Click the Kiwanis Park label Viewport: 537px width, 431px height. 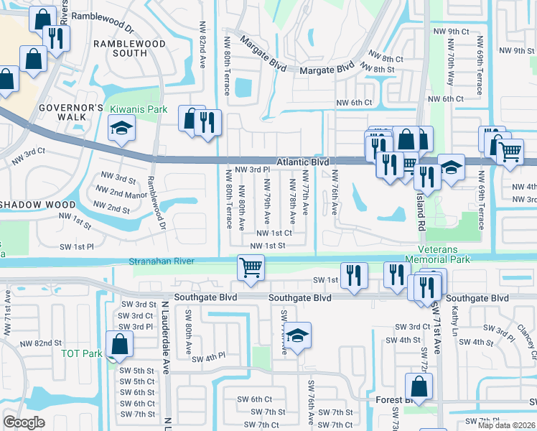[139, 109]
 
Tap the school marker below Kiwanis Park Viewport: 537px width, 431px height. [121, 129]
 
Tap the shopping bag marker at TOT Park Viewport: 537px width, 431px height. [119, 344]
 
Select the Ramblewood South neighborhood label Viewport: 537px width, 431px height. [130, 48]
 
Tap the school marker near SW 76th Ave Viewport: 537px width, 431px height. [297, 335]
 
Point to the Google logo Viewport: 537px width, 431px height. [24, 422]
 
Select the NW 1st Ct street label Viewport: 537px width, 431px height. [271, 233]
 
